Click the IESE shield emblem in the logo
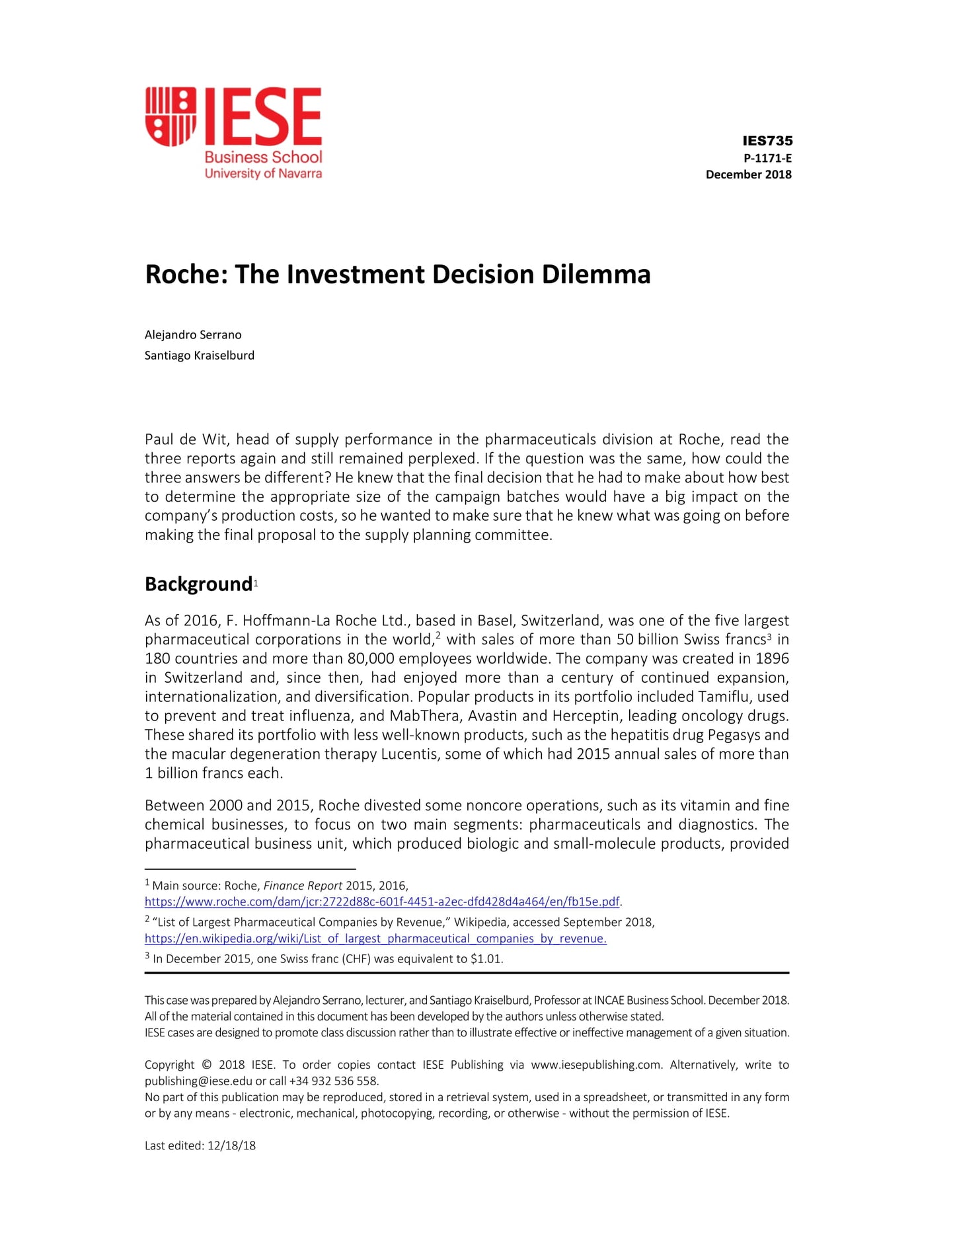point(171,116)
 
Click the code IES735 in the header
point(767,141)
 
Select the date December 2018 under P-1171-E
point(748,174)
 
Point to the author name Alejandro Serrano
point(193,334)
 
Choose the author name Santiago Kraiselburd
point(199,355)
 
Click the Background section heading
point(198,584)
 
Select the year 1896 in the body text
point(772,658)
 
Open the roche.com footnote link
point(382,902)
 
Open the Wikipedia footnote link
point(375,939)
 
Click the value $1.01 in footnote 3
point(486,959)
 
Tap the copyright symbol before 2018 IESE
point(206,1065)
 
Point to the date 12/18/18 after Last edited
point(231,1145)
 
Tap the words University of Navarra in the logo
point(263,174)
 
